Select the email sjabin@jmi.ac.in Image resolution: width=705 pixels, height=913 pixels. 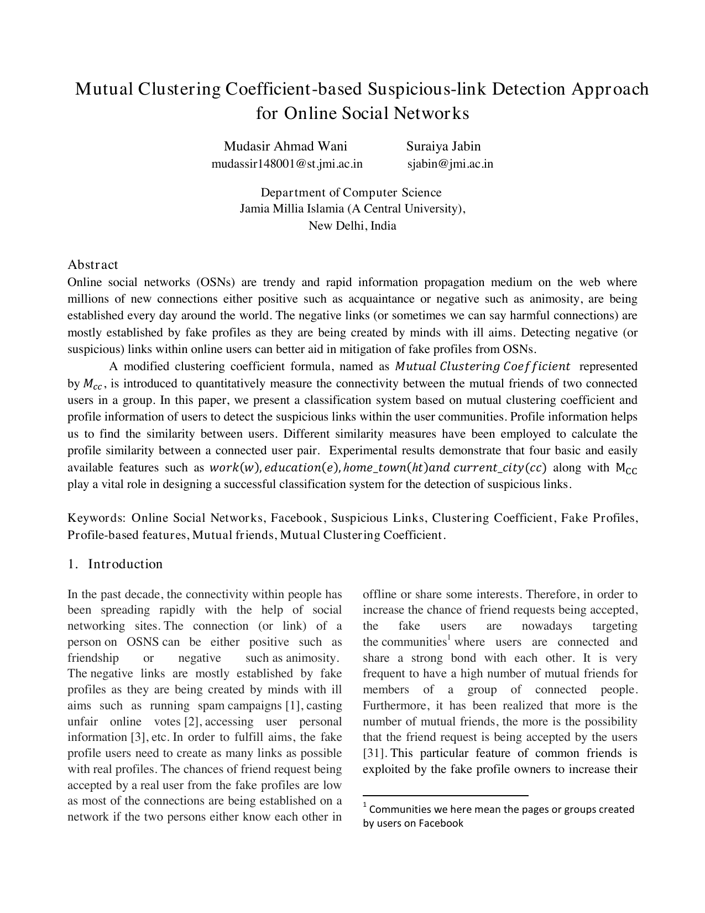450,164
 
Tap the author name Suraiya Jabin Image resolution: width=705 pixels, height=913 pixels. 443,146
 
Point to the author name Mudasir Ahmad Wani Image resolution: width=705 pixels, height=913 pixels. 285,146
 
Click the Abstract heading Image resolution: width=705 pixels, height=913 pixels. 92,264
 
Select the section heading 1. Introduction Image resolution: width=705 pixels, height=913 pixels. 115,564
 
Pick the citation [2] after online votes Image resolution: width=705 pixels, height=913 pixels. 191,722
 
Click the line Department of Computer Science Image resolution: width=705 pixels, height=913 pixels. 351,193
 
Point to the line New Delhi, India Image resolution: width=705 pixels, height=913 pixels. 352,226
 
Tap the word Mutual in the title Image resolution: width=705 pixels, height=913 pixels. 104,89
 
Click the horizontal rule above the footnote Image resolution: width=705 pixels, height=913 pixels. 445,795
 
